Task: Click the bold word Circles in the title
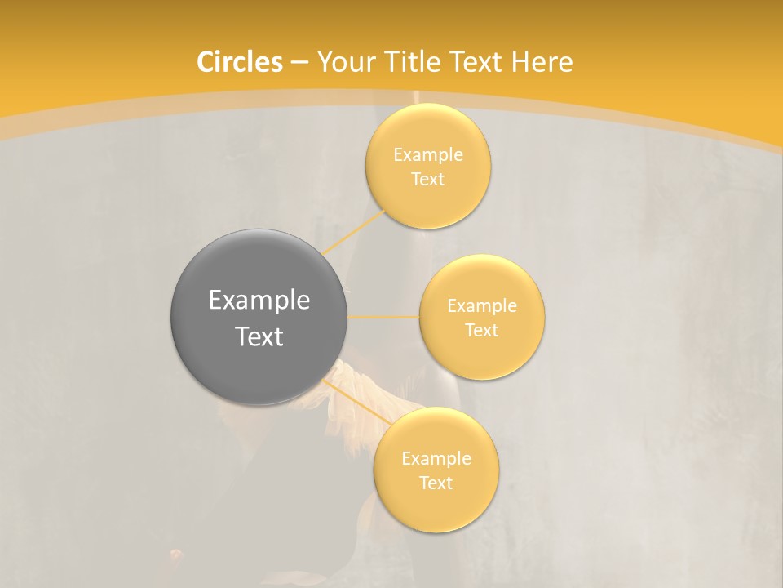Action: (x=240, y=62)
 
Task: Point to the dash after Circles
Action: (x=299, y=63)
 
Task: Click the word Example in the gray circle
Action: (x=259, y=301)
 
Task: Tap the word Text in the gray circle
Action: (x=259, y=336)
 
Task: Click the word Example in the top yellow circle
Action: (x=428, y=155)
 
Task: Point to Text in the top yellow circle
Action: (x=428, y=180)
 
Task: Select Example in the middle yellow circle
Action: (x=482, y=306)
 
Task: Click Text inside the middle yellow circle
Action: (x=482, y=331)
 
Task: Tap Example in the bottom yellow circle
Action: (x=436, y=459)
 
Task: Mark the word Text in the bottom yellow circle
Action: (x=436, y=483)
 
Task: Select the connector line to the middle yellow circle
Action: (x=383, y=317)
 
